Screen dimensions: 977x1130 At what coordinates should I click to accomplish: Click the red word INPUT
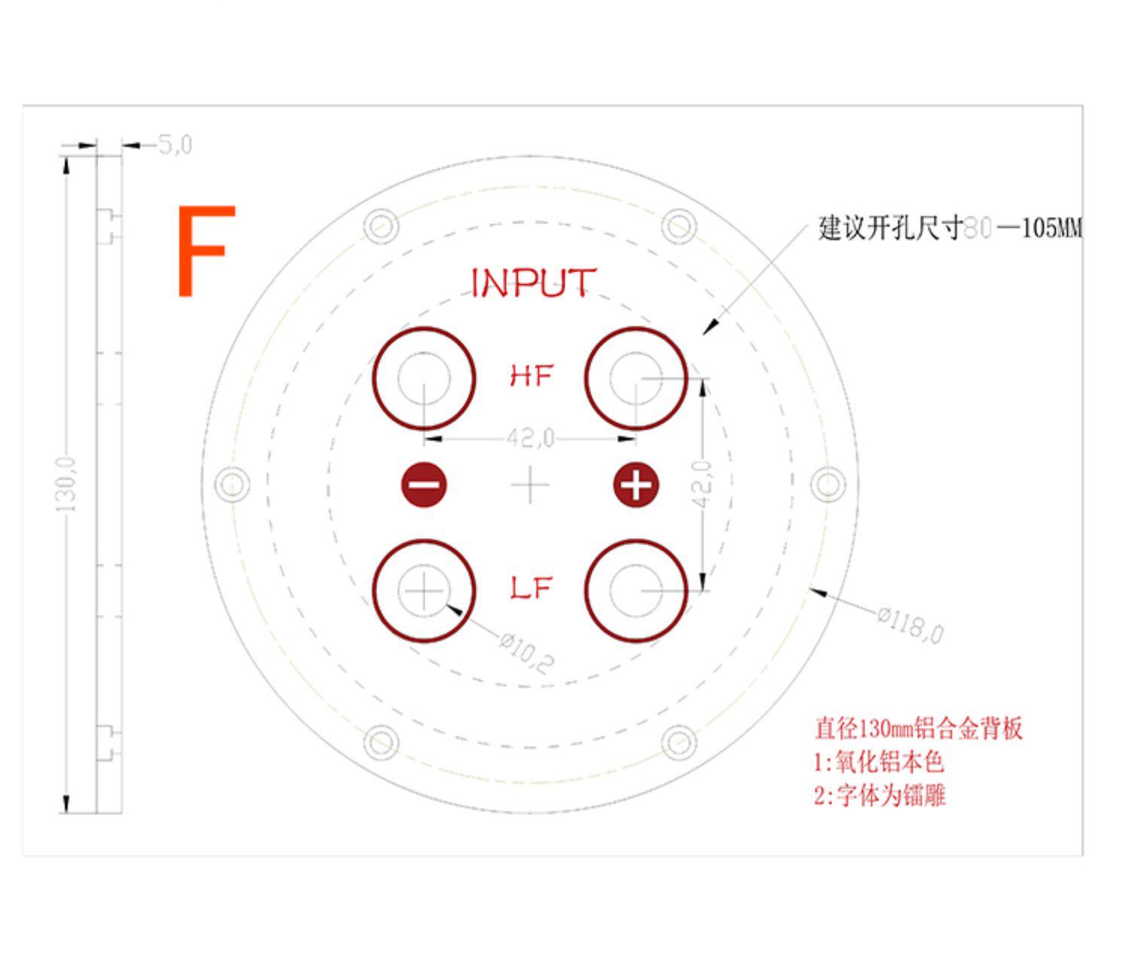pos(533,283)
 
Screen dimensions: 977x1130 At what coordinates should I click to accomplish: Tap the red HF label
pos(532,375)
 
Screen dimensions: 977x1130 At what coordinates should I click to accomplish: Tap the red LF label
pos(532,588)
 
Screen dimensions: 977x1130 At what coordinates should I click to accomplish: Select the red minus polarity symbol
pos(424,484)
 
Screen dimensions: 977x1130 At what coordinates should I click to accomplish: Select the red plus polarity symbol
pos(636,484)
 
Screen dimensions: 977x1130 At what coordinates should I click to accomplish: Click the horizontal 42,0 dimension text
pos(530,438)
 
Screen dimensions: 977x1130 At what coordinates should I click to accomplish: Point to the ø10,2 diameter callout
pos(527,652)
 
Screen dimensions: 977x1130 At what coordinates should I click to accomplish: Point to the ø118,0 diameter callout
pos(910,624)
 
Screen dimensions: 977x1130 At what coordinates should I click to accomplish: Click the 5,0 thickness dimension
pos(175,144)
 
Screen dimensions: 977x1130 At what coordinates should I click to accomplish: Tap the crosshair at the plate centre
pos(530,484)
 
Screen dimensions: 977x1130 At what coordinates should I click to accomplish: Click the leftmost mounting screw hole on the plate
pos(232,484)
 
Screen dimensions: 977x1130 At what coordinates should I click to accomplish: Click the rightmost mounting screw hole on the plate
pos(828,484)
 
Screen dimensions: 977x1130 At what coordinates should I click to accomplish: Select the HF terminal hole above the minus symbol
pos(424,378)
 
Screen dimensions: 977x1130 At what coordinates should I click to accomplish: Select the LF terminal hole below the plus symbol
pos(636,591)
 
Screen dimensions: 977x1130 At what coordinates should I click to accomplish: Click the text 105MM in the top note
pos(1052,227)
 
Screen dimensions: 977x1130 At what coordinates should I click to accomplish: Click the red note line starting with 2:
pos(879,795)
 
